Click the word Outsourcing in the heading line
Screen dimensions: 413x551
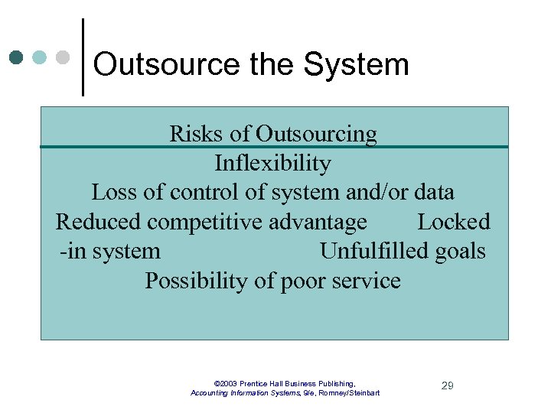[316, 134]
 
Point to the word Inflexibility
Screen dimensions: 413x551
[272, 164]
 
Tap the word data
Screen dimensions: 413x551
[432, 193]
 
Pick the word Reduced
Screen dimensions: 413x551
[98, 223]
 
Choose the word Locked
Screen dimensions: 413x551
[453, 223]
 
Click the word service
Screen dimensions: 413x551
[366, 281]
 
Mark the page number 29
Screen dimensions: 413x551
[448, 386]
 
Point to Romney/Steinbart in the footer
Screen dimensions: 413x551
[349, 393]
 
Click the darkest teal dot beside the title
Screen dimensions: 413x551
[16, 57]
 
